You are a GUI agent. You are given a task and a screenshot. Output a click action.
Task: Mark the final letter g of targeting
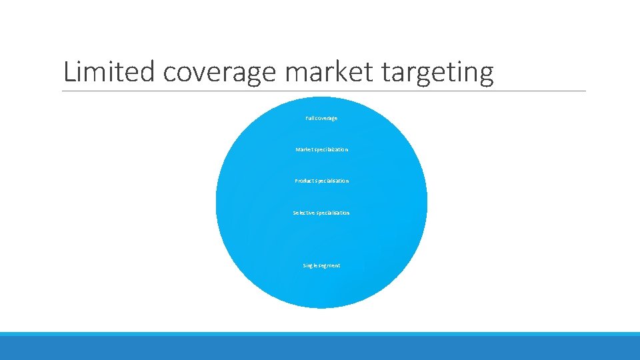[x=486, y=75]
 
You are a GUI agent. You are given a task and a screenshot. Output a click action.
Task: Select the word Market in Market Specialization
[x=305, y=149]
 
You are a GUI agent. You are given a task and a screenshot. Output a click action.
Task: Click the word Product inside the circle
[x=304, y=181]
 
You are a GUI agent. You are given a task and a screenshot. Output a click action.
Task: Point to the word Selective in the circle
[x=303, y=213]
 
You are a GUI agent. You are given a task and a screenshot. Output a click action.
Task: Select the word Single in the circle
[x=311, y=265]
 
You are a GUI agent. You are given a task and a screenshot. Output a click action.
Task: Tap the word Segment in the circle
[x=330, y=265]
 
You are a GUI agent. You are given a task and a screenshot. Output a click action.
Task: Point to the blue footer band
[x=320, y=346]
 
